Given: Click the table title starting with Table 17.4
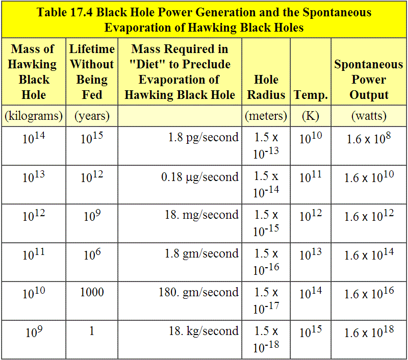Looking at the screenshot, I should [204, 19].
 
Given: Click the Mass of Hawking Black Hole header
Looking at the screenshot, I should [33, 72].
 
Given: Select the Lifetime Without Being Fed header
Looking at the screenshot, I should [92, 72].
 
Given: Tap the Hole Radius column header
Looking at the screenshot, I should [266, 87].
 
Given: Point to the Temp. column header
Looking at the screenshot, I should [311, 95].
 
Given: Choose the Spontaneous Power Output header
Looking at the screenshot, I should [369, 80].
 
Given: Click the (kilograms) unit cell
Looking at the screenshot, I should [33, 116].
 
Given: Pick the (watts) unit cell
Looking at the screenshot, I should [369, 116].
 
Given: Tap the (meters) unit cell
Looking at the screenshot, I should [266, 116].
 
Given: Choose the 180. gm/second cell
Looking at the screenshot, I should [198, 292].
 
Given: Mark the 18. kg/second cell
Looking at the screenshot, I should [203, 331].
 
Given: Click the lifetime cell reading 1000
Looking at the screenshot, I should [92, 292].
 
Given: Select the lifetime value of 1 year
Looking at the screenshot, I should [92, 331].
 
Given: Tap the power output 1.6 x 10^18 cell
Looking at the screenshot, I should [369, 332].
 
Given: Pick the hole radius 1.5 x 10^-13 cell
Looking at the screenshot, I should [266, 145].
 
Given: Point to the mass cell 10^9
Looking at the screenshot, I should [33, 332].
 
